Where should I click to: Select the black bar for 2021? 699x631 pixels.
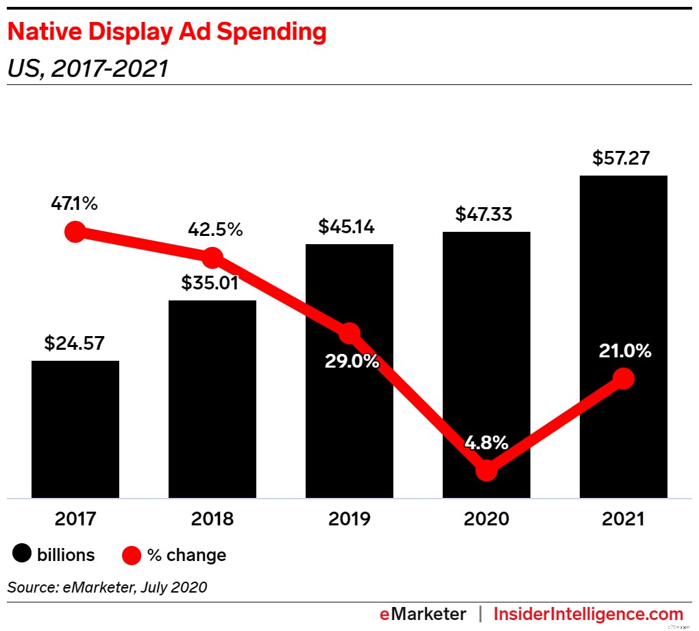click(623, 274)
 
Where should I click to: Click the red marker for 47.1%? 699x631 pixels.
click(75, 232)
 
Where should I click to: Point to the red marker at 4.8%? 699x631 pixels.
click(486, 471)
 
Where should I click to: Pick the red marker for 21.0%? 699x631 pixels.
click(623, 378)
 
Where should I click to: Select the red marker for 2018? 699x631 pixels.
click(212, 258)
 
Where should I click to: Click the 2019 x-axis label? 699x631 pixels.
click(349, 519)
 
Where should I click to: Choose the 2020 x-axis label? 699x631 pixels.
click(486, 519)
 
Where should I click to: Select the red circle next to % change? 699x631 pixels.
click(131, 554)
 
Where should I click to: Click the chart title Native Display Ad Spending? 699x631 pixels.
click(166, 32)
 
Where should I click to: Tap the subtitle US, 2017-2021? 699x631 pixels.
click(87, 68)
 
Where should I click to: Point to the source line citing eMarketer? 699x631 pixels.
click(107, 587)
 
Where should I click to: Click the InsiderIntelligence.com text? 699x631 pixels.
click(588, 614)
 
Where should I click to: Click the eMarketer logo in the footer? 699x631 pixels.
click(423, 614)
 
